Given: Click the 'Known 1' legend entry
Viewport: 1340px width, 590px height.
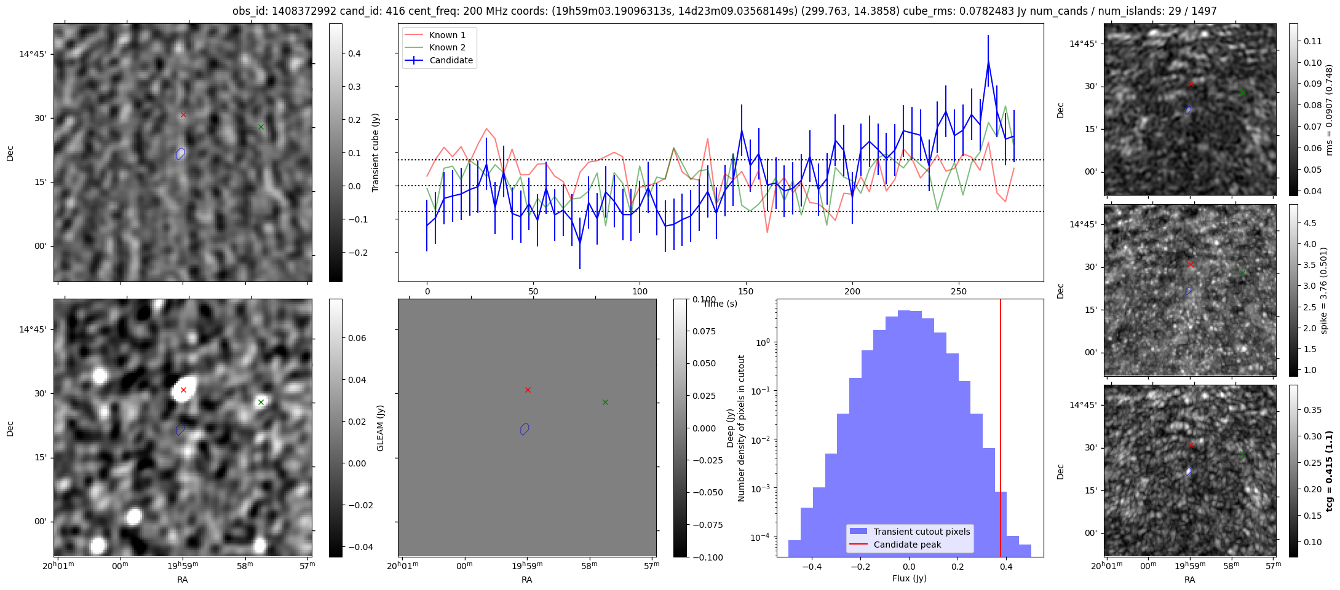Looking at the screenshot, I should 447,35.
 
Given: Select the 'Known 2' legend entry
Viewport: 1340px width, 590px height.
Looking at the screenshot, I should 447,47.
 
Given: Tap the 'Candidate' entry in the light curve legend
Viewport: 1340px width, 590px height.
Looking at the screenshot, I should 451,60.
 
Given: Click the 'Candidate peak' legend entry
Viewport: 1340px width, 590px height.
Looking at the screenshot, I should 907,545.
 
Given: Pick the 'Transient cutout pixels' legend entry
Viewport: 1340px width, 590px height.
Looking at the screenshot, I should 921,532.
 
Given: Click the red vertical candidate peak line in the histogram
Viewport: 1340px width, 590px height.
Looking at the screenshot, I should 1001,430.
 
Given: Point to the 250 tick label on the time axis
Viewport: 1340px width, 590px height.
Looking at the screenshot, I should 959,291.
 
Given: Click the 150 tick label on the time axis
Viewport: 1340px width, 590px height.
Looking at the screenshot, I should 746,291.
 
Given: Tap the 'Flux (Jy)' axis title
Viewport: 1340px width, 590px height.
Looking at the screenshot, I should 909,578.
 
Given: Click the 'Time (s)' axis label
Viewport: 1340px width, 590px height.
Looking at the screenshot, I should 720,304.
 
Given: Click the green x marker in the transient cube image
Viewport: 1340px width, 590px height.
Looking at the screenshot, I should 261,127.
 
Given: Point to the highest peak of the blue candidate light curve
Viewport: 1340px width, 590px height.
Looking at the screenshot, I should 988,61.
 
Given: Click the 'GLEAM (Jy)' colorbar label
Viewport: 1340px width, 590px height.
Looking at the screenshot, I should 380,428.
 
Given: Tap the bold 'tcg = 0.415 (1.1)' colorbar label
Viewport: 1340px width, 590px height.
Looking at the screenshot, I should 1330,471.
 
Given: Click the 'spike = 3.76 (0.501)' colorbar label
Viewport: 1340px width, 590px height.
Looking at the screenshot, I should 1324,291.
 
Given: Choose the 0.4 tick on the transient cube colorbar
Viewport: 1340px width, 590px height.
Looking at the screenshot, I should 355,53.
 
